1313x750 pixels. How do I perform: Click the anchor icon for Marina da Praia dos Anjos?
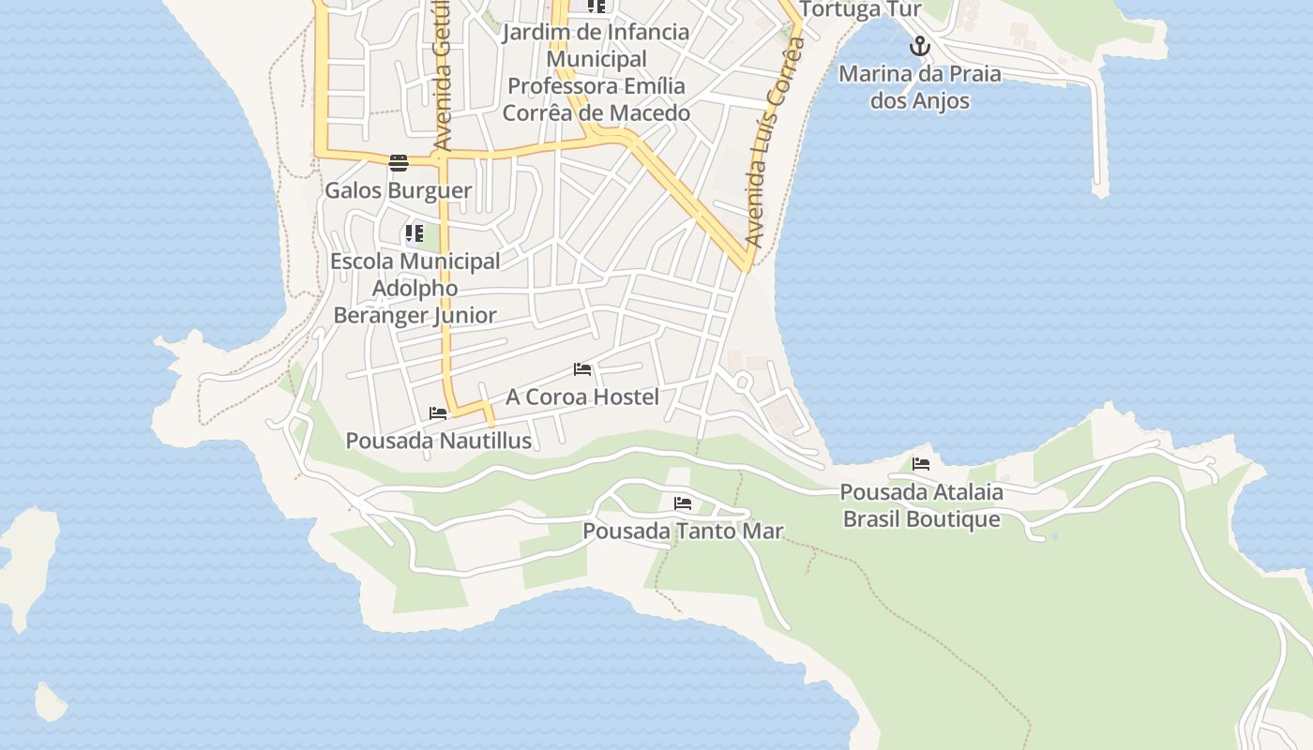click(920, 46)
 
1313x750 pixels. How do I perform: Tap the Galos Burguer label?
click(398, 190)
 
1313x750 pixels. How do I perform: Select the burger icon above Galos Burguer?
click(399, 163)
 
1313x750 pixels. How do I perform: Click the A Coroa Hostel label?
click(582, 397)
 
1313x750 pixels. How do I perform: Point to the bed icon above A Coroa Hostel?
click(582, 369)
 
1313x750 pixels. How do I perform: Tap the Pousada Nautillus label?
click(438, 441)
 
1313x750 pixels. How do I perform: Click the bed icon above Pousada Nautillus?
click(438, 413)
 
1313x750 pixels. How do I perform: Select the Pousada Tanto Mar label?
click(683, 531)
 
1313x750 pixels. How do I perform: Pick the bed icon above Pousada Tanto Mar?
click(683, 503)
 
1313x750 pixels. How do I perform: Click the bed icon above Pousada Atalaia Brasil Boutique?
click(921, 464)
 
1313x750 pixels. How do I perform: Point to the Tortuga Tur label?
click(862, 10)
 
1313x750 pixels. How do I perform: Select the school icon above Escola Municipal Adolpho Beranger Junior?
click(415, 233)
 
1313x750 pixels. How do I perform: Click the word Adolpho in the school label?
click(415, 288)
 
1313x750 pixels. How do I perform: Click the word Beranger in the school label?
click(380, 315)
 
